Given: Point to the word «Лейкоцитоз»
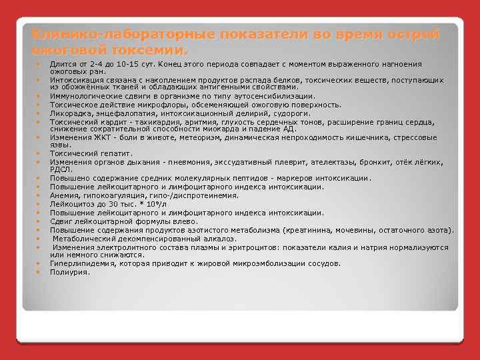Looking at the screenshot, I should click(x=70, y=204).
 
